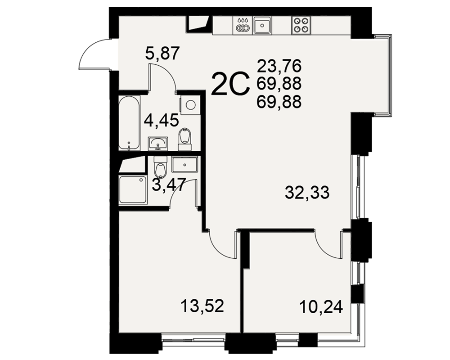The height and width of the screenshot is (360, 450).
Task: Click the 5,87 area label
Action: pos(162,54)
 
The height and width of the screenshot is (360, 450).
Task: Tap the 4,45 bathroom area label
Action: pos(161,120)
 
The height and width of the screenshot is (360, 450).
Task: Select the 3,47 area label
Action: pos(169,184)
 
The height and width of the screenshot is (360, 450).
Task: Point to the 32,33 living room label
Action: pos(307,192)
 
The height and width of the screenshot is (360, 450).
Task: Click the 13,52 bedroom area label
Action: pos(202,306)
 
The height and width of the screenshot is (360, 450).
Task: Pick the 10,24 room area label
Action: pos(321,307)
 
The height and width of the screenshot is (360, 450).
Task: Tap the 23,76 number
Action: pos(279,66)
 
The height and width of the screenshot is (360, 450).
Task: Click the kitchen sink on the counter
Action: pos(262,25)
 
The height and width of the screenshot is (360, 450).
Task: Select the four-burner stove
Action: pos(301,25)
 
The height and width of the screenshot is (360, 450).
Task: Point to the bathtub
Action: pos(129,123)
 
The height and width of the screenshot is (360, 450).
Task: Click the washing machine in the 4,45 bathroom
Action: pos(190,105)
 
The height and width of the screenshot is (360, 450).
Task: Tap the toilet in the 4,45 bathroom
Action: pos(184,139)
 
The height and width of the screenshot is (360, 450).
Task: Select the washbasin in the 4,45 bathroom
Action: pos(157,143)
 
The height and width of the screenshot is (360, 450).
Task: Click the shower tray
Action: pos(133,190)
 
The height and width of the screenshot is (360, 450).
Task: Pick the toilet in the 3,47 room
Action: pos(160,167)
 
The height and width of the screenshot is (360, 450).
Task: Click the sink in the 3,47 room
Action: pos(184,165)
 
